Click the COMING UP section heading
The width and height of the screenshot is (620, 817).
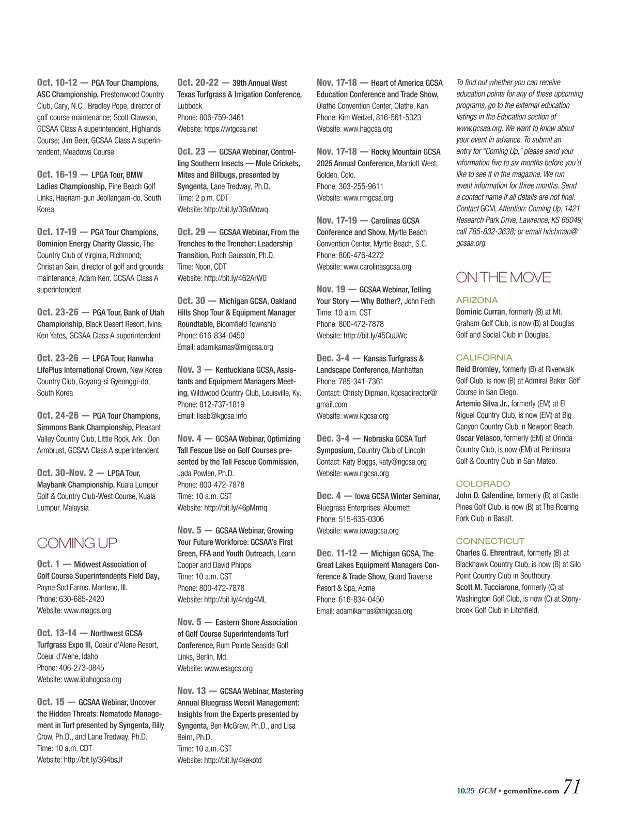pyautogui.click(x=77, y=543)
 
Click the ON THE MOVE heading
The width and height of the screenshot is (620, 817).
pyautogui.click(x=503, y=277)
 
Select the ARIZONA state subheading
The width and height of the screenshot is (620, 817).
pyautogui.click(x=477, y=300)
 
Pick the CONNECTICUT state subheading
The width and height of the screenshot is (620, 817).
pyautogui.click(x=490, y=541)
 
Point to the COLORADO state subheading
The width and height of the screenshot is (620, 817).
pyautogui.click(x=483, y=483)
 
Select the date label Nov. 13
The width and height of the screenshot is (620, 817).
pyautogui.click(x=192, y=690)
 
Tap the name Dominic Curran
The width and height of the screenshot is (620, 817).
pyautogui.click(x=481, y=311)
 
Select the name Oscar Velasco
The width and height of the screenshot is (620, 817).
pyautogui.click(x=478, y=438)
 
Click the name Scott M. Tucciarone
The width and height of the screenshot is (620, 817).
pyautogui.click(x=488, y=587)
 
